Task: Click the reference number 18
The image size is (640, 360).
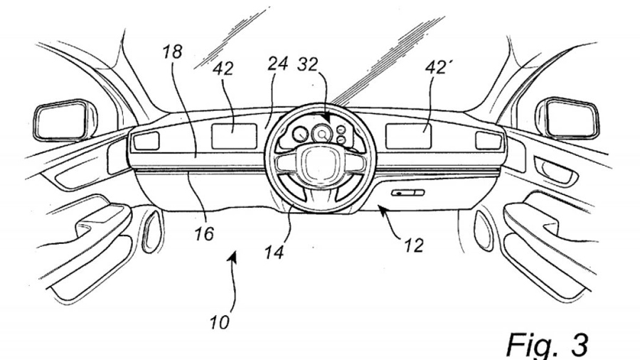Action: pyautogui.click(x=173, y=53)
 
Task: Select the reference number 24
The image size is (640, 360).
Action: pyautogui.click(x=278, y=64)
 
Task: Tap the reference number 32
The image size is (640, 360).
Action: pyautogui.click(x=308, y=64)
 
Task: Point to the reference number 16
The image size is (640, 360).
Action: pyautogui.click(x=204, y=234)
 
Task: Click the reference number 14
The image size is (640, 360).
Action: pyautogui.click(x=274, y=253)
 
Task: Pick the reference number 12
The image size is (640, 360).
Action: pyautogui.click(x=414, y=245)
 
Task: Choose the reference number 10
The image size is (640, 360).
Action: pyautogui.click(x=220, y=323)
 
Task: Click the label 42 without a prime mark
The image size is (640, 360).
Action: pyautogui.click(x=223, y=68)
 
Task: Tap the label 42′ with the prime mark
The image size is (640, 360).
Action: pyautogui.click(x=437, y=68)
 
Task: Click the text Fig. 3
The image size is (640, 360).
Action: pyautogui.click(x=548, y=345)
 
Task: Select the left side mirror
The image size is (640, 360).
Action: pyautogui.click(x=65, y=121)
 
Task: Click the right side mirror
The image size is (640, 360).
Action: pyautogui.click(x=569, y=118)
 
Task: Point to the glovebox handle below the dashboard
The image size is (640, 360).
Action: pyautogui.click(x=407, y=193)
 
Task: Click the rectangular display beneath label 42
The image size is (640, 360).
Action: pyautogui.click(x=234, y=137)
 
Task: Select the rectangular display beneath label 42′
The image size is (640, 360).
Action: pyautogui.click(x=409, y=137)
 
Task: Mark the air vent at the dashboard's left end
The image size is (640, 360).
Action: pyautogui.click(x=146, y=141)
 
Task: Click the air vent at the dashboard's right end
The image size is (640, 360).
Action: pyautogui.click(x=489, y=141)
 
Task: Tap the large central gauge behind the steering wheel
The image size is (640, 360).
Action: pyautogui.click(x=322, y=134)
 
